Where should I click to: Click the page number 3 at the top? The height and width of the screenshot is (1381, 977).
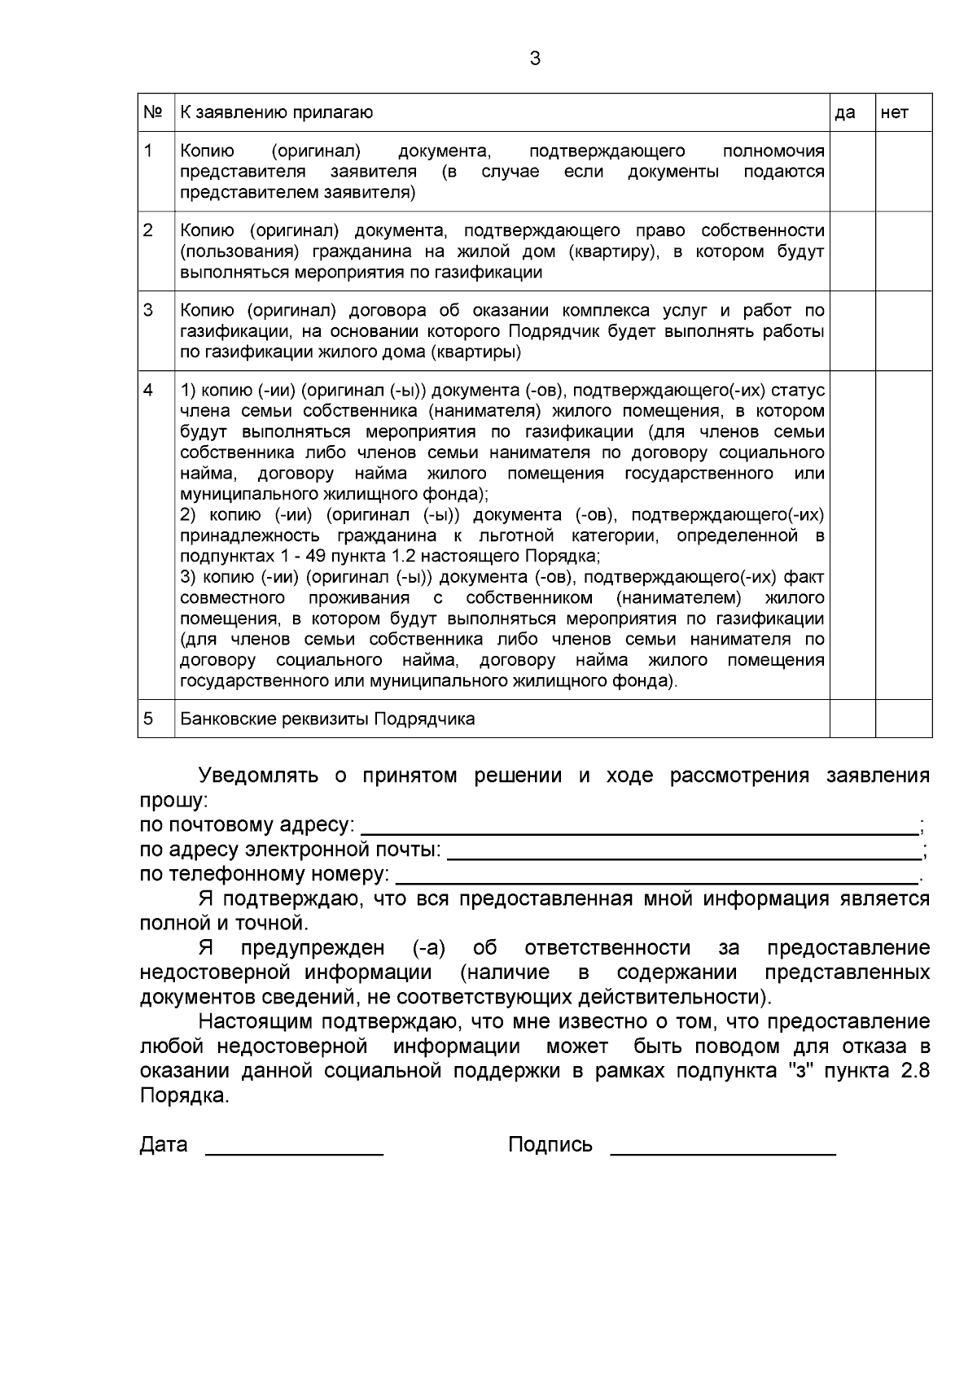(534, 59)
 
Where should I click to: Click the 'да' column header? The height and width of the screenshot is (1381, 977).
(845, 113)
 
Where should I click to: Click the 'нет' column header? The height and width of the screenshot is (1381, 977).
(893, 113)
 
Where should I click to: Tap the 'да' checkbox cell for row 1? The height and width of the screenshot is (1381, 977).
(852, 172)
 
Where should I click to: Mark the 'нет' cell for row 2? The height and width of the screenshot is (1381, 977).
(904, 251)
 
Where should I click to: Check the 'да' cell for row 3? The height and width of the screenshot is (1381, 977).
(852, 330)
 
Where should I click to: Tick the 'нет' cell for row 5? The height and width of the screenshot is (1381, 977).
(904, 719)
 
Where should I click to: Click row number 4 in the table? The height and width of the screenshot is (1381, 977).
(148, 390)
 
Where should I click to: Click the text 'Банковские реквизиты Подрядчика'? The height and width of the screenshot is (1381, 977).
(327, 719)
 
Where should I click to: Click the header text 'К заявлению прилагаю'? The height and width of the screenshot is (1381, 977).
(276, 113)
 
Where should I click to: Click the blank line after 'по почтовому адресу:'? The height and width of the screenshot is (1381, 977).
(639, 828)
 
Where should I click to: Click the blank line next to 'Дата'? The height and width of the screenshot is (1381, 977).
(294, 1148)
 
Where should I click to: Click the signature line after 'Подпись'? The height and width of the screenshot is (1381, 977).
(723, 1148)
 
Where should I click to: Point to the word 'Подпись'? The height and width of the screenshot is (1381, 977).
(550, 1145)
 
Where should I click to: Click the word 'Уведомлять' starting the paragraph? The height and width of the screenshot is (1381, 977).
(258, 776)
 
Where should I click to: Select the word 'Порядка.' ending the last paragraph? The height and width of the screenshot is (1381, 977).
(185, 1096)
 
